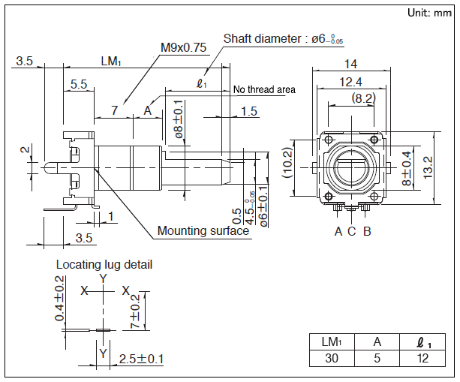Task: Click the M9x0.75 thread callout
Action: (x=183, y=47)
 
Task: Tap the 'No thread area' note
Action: (x=264, y=89)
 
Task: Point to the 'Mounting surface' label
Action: (x=203, y=230)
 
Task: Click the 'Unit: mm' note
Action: (x=429, y=13)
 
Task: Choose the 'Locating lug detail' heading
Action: (x=104, y=264)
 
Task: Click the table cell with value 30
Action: (x=331, y=358)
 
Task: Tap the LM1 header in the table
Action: (x=331, y=341)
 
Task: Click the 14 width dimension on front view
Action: (x=350, y=64)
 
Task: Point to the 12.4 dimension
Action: (x=350, y=81)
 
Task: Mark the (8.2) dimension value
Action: (x=364, y=98)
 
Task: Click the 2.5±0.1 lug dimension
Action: (x=142, y=359)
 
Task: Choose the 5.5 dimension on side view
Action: (x=79, y=86)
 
